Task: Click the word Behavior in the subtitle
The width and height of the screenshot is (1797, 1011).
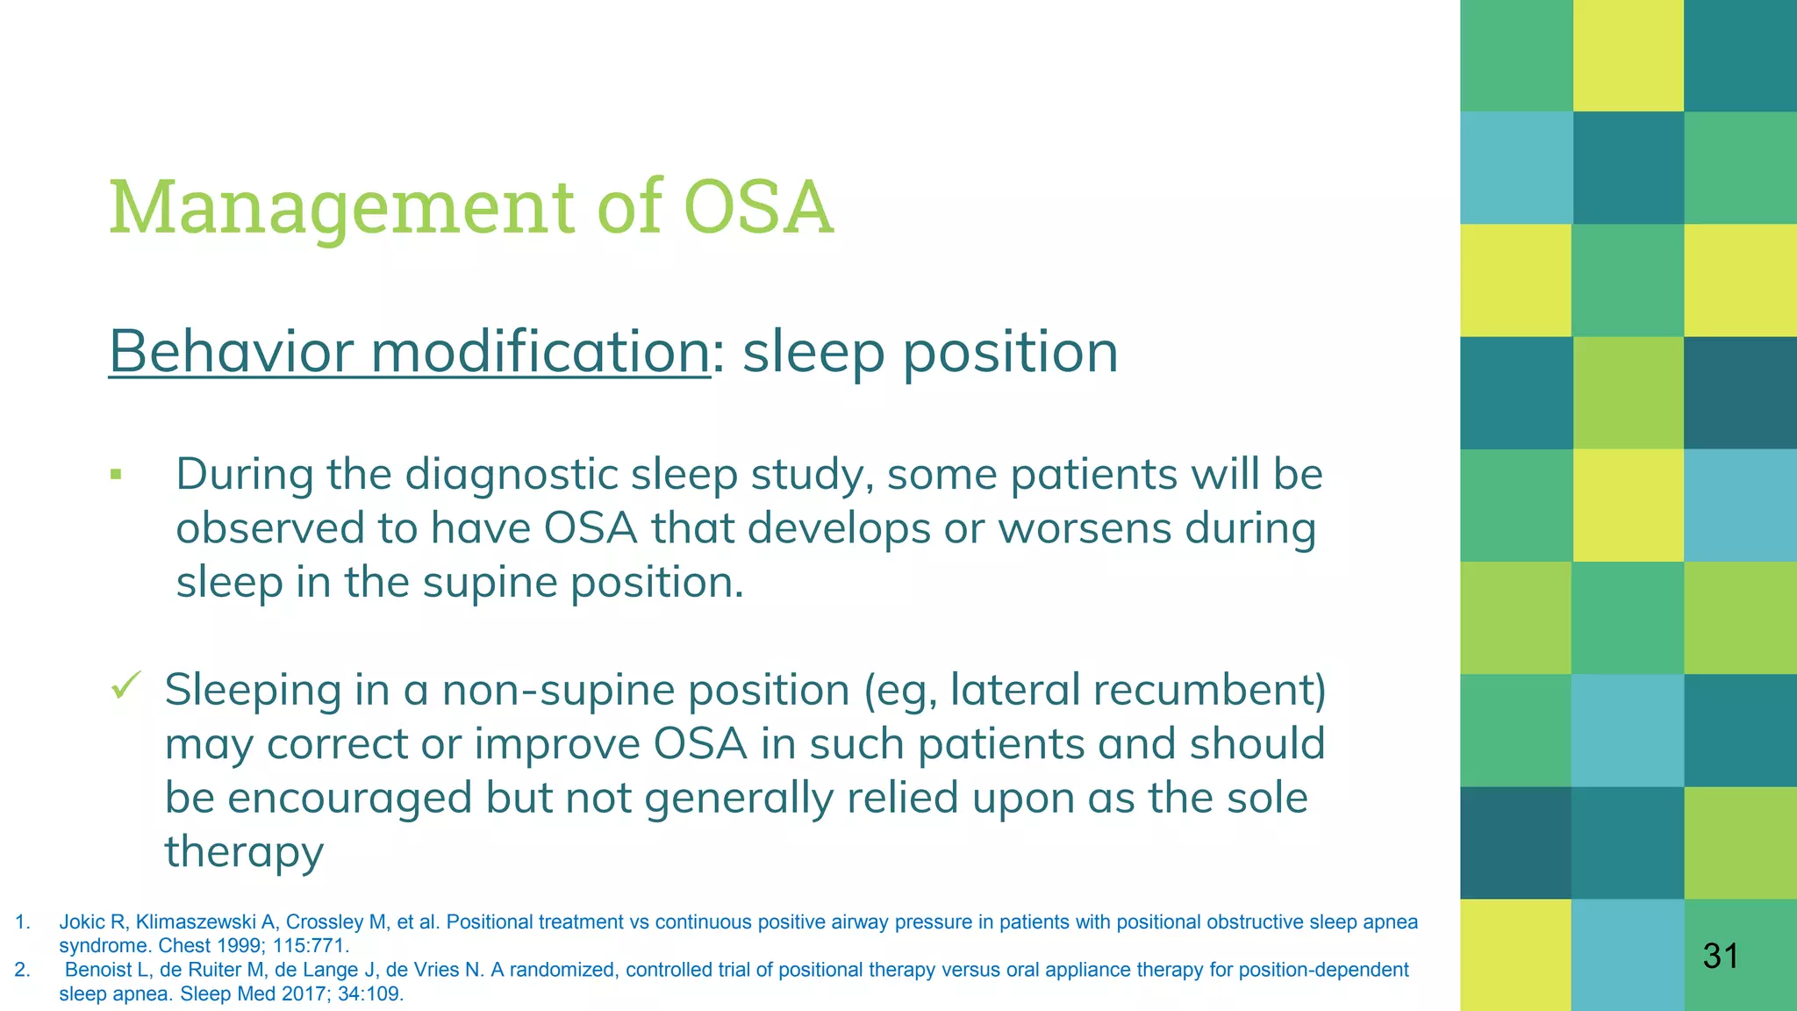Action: click(x=232, y=352)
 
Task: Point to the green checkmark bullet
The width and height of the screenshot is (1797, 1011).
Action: click(x=126, y=685)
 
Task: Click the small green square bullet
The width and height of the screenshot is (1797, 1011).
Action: click(x=116, y=476)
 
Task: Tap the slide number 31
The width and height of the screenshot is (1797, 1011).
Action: click(x=1720, y=956)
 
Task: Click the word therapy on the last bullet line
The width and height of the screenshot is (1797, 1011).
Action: click(x=244, y=851)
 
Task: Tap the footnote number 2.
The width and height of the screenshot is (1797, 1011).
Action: click(x=21, y=970)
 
